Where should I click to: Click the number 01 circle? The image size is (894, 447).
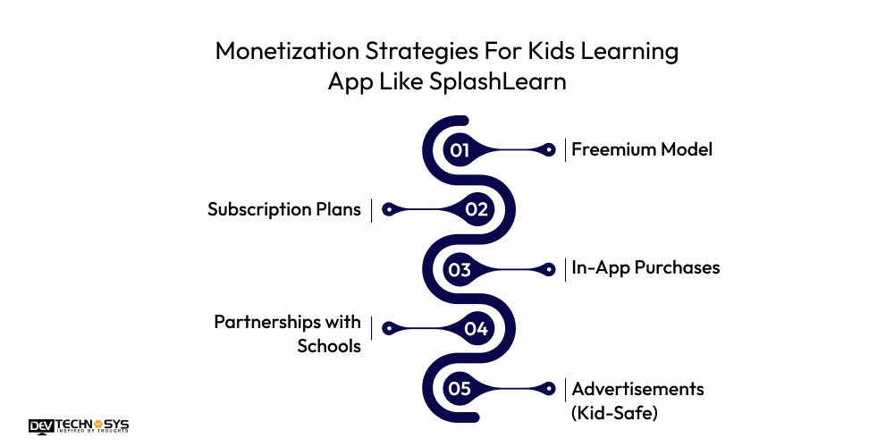click(x=460, y=149)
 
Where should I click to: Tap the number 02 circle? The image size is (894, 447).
click(x=477, y=209)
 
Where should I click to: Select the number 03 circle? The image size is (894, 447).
click(x=460, y=269)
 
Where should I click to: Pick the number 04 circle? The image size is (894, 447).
click(x=477, y=329)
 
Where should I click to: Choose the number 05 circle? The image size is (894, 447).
click(x=460, y=389)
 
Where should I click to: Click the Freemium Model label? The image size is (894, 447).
click(x=642, y=149)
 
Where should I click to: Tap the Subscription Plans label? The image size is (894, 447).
click(x=284, y=209)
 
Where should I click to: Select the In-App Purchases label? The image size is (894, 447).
click(x=645, y=268)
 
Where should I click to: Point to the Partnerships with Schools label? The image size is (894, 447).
click(x=287, y=333)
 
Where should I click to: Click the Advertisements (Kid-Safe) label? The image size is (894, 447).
click(x=637, y=400)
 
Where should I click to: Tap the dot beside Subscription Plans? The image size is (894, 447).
click(x=388, y=209)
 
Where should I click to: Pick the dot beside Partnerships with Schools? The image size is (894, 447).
click(x=388, y=329)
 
